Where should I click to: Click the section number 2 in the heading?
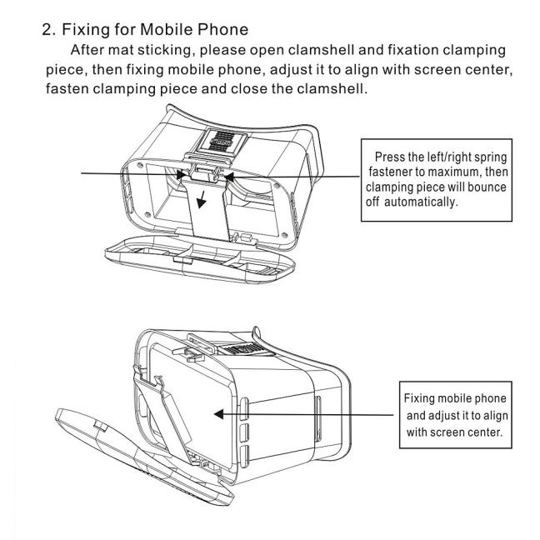click(x=47, y=30)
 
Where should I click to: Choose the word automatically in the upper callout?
click(x=421, y=202)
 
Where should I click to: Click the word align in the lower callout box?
click(x=496, y=416)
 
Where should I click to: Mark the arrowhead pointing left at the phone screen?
click(x=218, y=414)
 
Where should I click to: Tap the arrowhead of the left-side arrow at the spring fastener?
click(x=181, y=174)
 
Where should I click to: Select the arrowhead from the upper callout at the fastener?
click(x=229, y=177)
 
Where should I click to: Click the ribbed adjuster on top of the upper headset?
click(x=223, y=141)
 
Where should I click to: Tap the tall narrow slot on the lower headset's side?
click(x=318, y=419)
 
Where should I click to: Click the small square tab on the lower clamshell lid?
click(x=101, y=427)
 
